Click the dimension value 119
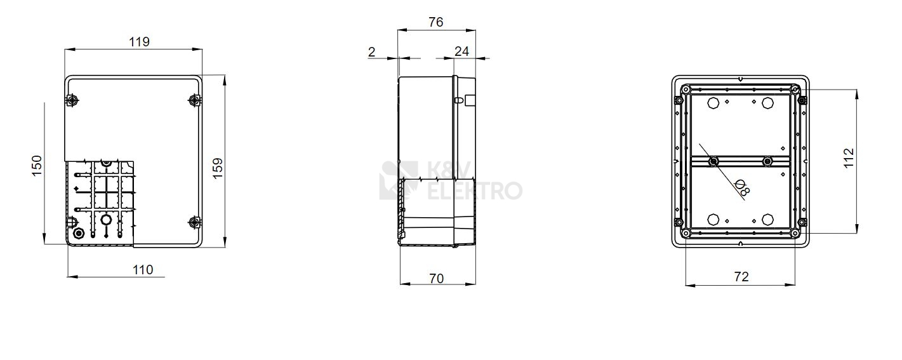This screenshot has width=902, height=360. (x=139, y=42)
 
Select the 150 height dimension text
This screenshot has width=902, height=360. (x=37, y=166)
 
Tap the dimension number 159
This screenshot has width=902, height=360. (x=218, y=168)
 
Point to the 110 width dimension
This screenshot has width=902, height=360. (x=143, y=270)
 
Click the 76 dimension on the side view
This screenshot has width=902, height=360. (x=436, y=22)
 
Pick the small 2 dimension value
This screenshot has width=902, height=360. (x=372, y=51)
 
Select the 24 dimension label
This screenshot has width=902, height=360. (x=462, y=51)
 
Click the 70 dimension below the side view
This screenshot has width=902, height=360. (x=437, y=278)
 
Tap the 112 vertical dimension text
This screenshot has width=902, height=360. (x=849, y=158)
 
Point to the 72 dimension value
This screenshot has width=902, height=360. (x=741, y=277)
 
